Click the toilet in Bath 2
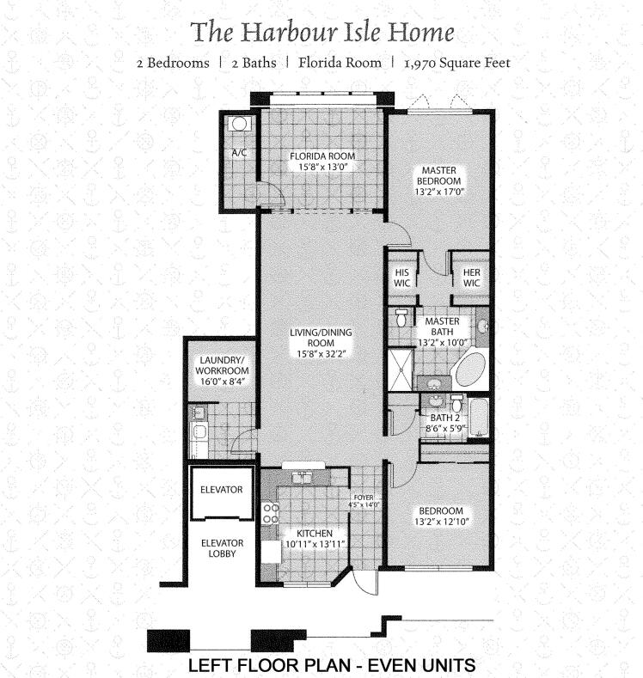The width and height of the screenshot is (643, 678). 456,402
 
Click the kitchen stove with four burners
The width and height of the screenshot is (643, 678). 271,514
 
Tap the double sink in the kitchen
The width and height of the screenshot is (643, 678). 303,475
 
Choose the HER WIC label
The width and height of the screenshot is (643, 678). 471,277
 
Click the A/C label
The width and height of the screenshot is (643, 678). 239,153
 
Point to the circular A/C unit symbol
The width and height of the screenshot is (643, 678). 240,124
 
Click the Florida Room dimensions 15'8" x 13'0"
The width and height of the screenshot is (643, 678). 321,167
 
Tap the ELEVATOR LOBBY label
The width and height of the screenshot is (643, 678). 222,548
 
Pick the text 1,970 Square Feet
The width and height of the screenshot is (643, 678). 451,63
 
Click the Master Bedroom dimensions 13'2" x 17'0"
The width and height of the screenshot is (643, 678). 438,192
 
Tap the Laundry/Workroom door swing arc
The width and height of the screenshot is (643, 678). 244,442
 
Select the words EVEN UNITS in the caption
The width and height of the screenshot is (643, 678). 420,665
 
